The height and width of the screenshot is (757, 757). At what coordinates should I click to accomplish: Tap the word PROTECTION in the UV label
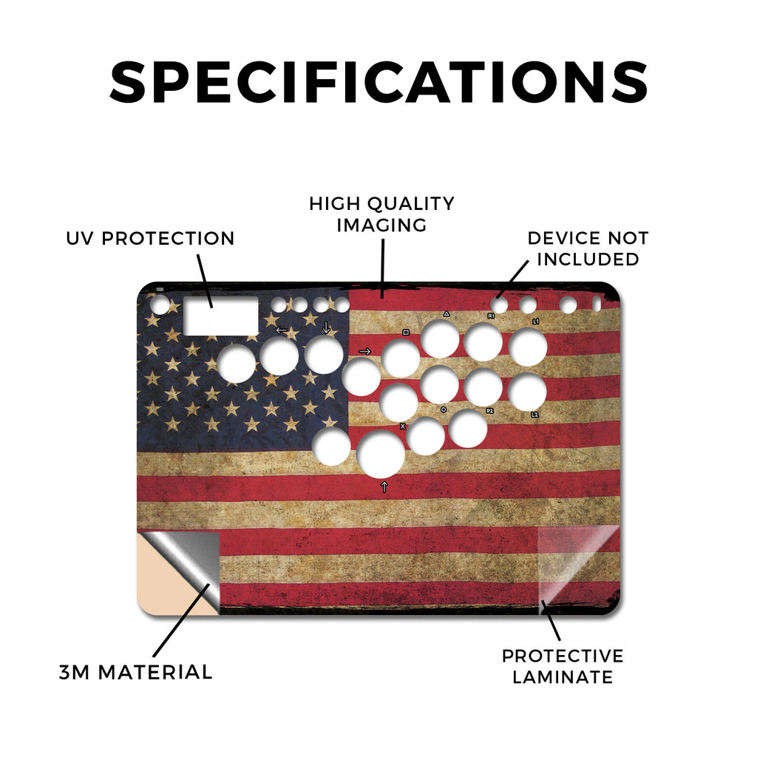(168, 239)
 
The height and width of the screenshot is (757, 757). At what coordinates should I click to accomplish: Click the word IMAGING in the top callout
(381, 225)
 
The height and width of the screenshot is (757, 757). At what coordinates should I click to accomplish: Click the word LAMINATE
(563, 677)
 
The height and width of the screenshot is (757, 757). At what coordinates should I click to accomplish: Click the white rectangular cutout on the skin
(221, 316)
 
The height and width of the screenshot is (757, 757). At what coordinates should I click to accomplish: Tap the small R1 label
(491, 316)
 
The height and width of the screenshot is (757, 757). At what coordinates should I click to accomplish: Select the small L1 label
(535, 322)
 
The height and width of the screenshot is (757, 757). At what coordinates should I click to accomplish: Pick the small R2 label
(489, 411)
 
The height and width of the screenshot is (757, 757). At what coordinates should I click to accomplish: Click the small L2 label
(534, 415)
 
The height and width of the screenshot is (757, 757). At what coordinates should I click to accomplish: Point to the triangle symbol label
(447, 313)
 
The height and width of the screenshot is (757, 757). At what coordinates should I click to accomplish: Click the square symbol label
(406, 333)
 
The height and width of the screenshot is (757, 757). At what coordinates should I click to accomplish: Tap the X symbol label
(403, 427)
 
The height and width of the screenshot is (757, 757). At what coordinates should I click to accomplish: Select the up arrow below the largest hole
(384, 486)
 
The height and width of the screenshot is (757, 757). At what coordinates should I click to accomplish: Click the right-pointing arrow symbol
(365, 351)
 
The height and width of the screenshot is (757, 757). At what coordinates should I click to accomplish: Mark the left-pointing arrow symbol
(281, 330)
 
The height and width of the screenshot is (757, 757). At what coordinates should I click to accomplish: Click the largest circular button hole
(381, 454)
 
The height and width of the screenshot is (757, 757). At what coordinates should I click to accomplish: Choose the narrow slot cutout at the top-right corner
(597, 304)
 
